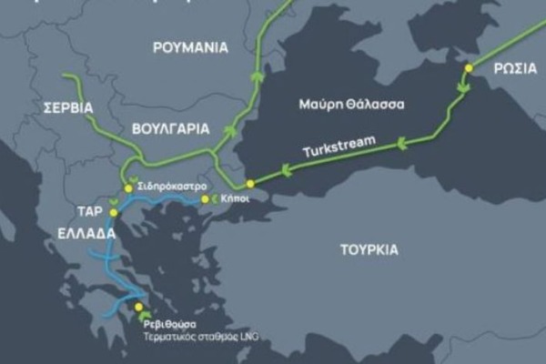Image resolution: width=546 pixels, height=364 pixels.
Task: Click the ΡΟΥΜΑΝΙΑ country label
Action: click(190, 47)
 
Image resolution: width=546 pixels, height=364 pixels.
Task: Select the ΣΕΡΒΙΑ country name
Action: click(68, 107)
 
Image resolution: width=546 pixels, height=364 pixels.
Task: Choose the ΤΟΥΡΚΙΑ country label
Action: click(369, 248)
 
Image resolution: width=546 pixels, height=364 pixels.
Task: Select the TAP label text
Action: click(88, 211)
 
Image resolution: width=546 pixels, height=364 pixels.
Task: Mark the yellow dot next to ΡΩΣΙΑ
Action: click(469, 67)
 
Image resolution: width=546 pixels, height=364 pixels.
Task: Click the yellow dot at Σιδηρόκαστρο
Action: click(128, 187)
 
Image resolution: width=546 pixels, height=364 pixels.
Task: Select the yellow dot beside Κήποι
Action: click(204, 198)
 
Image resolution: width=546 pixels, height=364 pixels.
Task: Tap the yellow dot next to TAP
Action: click(114, 212)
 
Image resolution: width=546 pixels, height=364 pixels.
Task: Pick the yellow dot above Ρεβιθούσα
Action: click(138, 307)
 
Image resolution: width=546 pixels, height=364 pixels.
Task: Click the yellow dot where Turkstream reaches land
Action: click(249, 184)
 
